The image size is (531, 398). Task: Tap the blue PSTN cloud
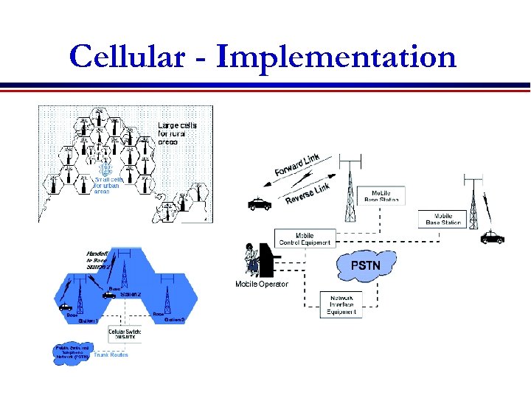(x=367, y=263)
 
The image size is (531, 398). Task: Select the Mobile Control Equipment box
(x=305, y=238)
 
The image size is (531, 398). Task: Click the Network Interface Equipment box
(x=341, y=304)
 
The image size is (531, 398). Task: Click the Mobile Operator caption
(x=262, y=284)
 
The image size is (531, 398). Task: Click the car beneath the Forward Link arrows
(x=259, y=204)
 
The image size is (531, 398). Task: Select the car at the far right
(x=492, y=237)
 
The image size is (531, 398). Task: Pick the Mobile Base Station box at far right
(x=443, y=219)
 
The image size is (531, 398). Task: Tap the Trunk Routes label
(x=110, y=355)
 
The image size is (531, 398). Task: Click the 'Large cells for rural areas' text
(x=178, y=133)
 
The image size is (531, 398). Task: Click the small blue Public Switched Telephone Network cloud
(x=72, y=352)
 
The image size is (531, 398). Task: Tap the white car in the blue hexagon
(x=109, y=294)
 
